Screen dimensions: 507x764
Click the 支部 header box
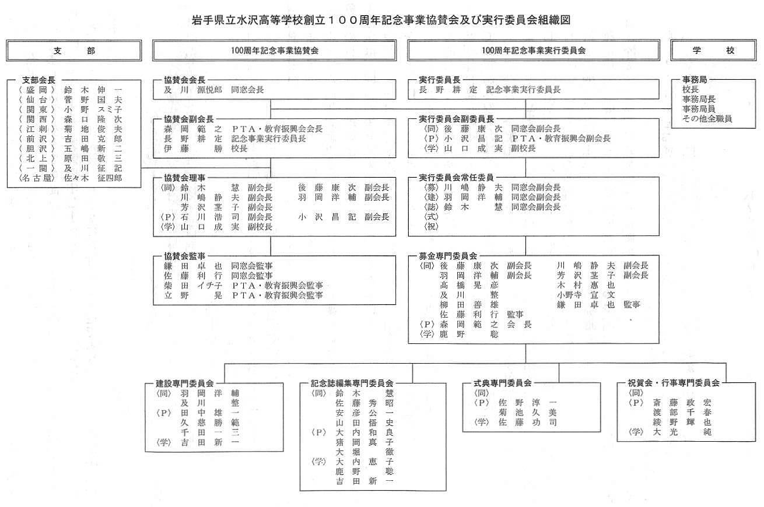(x=73, y=51)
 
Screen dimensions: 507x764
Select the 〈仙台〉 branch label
(x=36, y=100)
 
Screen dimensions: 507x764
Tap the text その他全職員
(x=707, y=119)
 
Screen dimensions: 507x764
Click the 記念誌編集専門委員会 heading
(x=352, y=383)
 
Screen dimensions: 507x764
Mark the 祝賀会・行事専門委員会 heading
(x=674, y=383)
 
